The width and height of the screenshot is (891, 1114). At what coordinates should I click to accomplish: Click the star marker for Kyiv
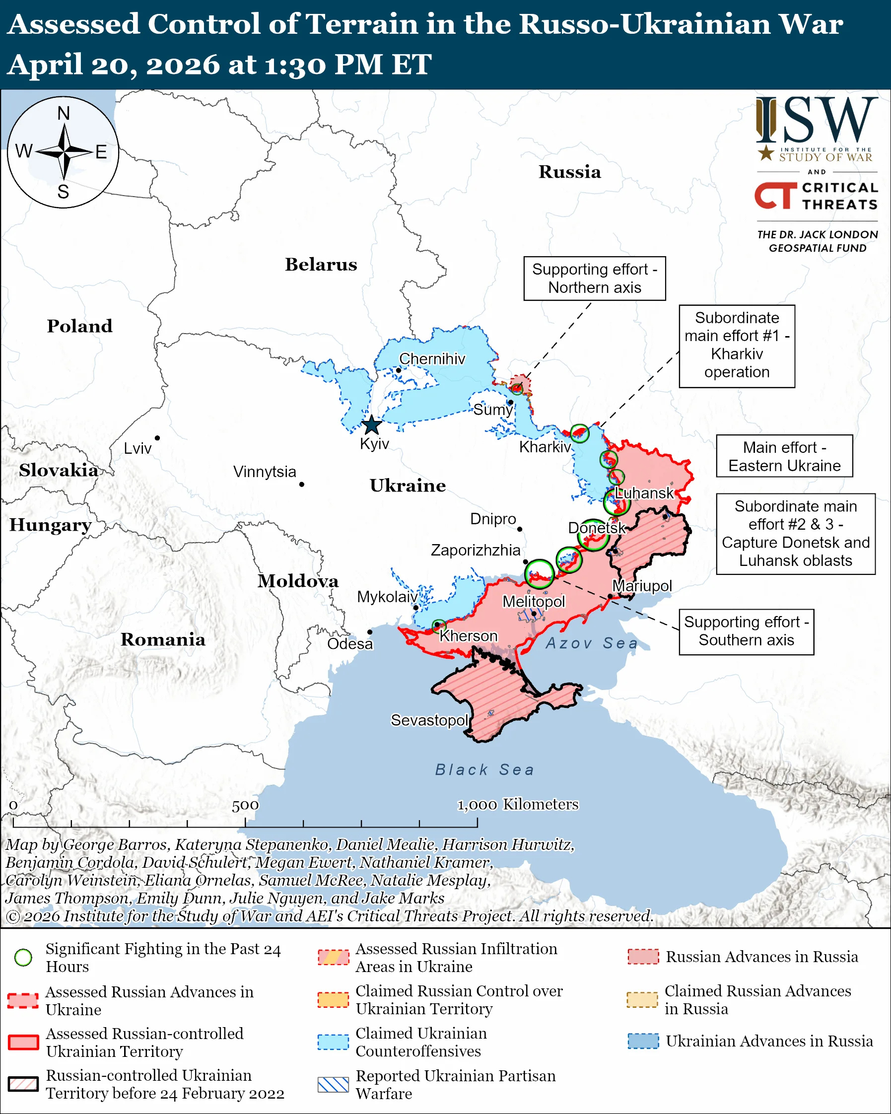point(371,426)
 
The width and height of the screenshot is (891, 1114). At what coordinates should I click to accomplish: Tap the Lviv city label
point(137,448)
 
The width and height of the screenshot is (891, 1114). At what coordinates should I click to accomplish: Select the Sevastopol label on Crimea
point(429,720)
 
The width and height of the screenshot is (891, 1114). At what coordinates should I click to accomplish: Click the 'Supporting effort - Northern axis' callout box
point(595,278)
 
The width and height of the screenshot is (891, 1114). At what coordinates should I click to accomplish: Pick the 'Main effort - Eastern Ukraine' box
point(784,456)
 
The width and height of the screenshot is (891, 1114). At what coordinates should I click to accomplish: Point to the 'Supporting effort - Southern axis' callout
point(747,631)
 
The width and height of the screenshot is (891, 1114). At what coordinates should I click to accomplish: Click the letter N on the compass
point(64,113)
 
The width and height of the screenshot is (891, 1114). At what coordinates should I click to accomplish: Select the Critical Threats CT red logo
point(775,195)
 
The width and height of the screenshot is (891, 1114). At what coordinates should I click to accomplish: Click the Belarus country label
point(321,265)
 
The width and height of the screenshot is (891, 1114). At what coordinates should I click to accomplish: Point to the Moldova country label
point(298,581)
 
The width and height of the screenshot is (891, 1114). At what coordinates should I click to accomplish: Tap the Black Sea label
point(484,770)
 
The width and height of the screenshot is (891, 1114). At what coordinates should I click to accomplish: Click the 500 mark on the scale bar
point(245,806)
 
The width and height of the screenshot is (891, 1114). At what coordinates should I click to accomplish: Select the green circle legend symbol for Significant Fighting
point(23,958)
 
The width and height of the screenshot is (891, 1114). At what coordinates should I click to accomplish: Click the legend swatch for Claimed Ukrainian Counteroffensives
point(333,1042)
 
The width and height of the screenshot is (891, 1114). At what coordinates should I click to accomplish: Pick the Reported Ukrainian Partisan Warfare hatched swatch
point(333,1085)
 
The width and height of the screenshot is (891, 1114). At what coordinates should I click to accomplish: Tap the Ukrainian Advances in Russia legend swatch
point(643,1041)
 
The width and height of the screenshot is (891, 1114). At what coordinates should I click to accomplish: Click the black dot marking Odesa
point(370,632)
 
